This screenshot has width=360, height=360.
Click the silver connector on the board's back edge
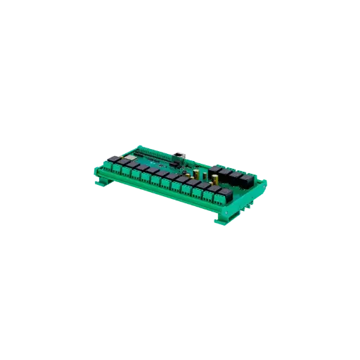178,154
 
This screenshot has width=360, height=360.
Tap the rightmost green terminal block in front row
219,198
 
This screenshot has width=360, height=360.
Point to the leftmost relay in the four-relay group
214,169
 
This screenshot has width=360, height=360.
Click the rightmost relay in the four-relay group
246,179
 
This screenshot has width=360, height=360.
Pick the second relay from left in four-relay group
224,172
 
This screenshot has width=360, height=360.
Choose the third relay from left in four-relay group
236,176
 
